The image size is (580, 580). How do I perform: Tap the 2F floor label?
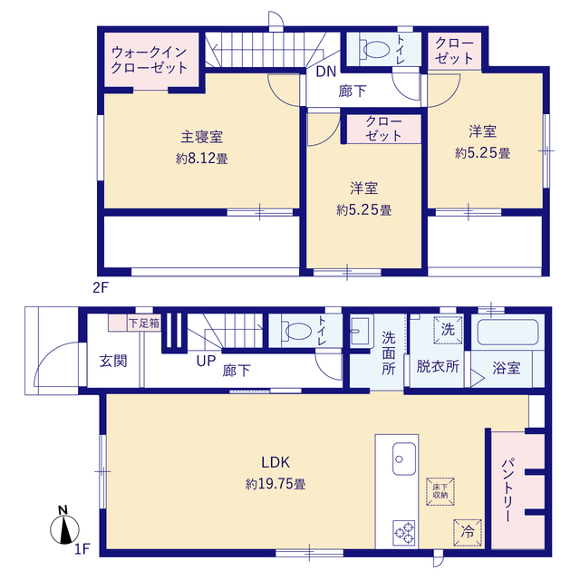(x=101, y=287)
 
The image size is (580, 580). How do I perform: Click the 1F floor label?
(x=82, y=549)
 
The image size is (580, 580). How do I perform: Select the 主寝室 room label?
(x=201, y=137)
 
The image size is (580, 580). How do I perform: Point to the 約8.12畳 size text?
(x=201, y=159)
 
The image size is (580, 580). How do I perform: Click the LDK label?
(x=275, y=462)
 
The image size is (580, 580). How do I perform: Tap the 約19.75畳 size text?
(x=275, y=484)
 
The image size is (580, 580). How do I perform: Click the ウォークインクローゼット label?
(x=150, y=60)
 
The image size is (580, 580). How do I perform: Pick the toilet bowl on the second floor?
(x=374, y=49)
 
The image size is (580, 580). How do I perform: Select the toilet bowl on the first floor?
(x=296, y=331)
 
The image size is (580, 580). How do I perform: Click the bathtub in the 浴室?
(x=507, y=333)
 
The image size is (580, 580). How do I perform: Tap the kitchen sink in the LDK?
(x=404, y=459)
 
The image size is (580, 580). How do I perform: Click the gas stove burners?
(x=404, y=533)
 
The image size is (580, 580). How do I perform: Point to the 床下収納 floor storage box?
(x=440, y=491)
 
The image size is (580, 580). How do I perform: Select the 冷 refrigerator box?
(x=468, y=532)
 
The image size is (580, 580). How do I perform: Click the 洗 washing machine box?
(x=448, y=330)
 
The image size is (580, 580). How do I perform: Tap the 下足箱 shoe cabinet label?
(x=144, y=324)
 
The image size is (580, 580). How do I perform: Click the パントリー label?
(x=507, y=490)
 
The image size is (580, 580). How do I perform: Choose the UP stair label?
(x=206, y=361)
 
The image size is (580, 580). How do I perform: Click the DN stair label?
(x=326, y=72)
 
